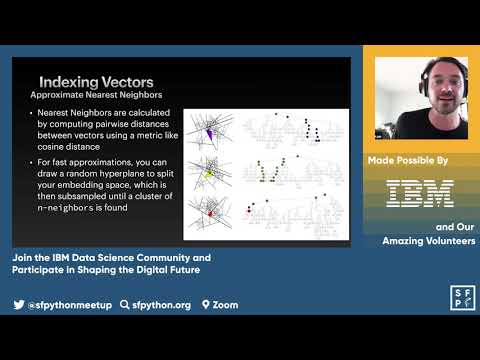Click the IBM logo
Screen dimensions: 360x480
(x=420, y=193)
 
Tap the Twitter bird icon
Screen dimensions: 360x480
(x=19, y=304)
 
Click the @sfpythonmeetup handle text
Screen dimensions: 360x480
(x=69, y=304)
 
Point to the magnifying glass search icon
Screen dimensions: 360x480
(x=124, y=304)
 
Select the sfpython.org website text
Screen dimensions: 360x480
(x=161, y=304)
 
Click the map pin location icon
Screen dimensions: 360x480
(x=205, y=304)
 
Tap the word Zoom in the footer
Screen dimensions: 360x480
(x=225, y=304)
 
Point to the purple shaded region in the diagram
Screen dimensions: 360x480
(x=208, y=134)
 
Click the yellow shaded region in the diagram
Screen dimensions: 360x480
(x=209, y=172)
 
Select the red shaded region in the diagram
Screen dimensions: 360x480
(x=210, y=213)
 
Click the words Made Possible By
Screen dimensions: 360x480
(x=421, y=159)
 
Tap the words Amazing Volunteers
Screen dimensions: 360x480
(x=429, y=241)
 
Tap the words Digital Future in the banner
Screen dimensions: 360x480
(x=173, y=269)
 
